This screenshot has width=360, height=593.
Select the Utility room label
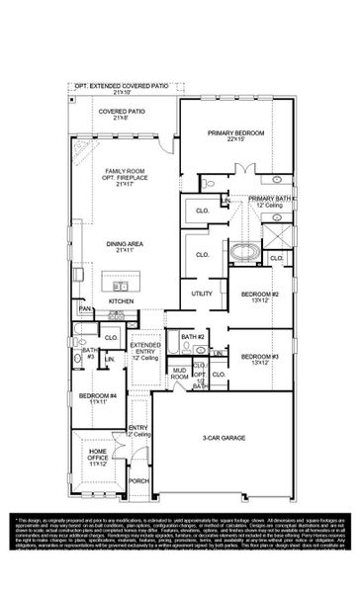coord(202,294)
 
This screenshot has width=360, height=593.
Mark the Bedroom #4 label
coord(96,398)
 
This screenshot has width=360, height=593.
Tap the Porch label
coord(138,481)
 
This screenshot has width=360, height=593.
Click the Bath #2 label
coord(192,337)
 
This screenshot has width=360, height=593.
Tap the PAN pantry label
coord(86,309)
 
